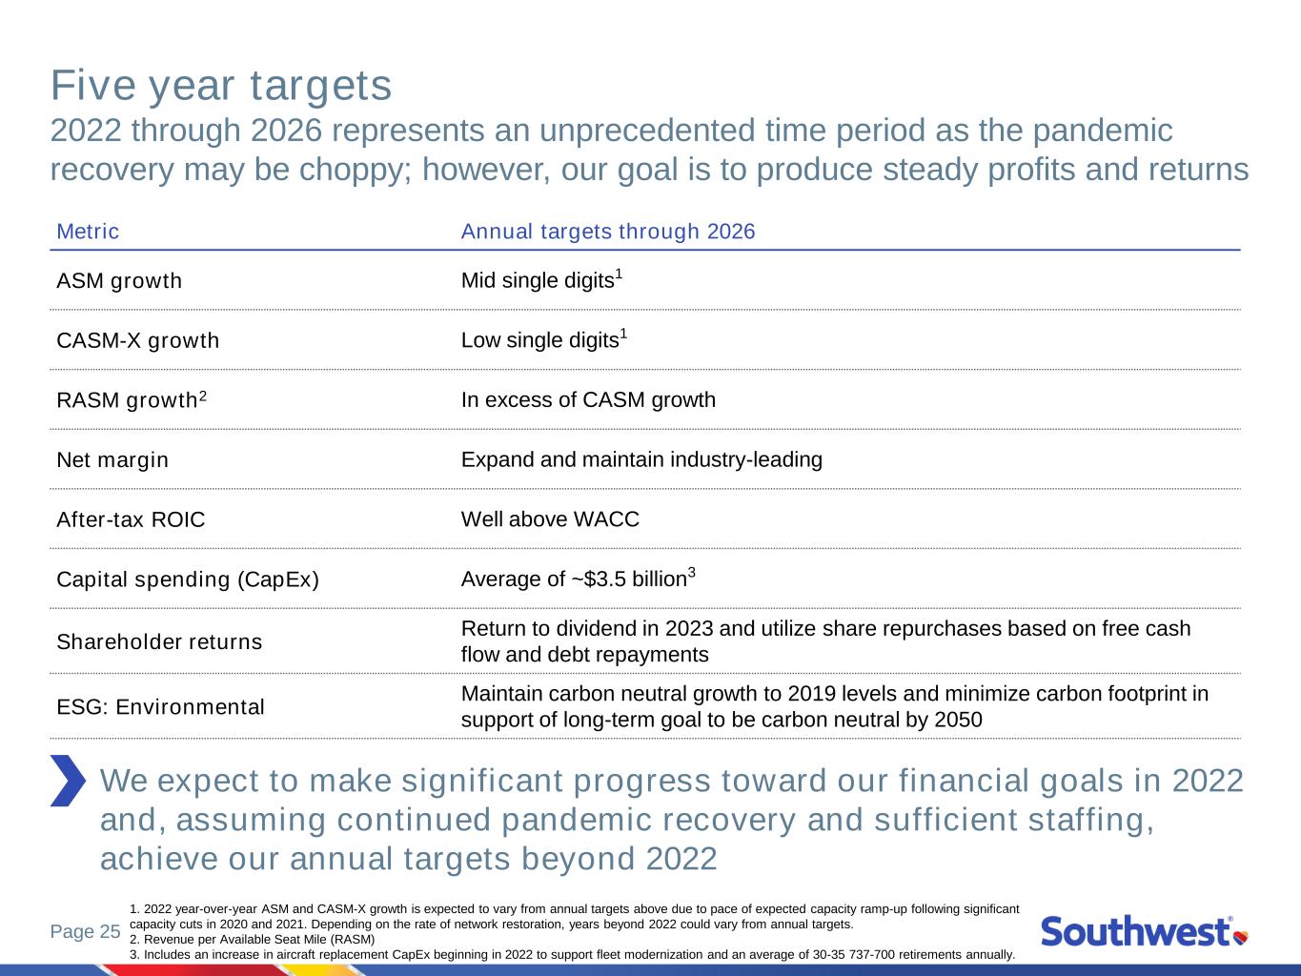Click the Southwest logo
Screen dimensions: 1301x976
coord(1144,931)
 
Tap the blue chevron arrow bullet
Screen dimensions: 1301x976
coord(69,781)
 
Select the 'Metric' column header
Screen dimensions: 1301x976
coord(88,231)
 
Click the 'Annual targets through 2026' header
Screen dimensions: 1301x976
coord(608,231)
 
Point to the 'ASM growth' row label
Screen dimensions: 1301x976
coord(119,281)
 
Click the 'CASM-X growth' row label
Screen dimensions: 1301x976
coord(138,340)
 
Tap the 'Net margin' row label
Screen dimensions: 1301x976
coord(112,459)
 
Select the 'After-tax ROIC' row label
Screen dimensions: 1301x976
coord(131,519)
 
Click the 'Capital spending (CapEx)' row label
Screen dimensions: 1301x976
coord(188,579)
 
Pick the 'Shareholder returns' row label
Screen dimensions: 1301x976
coord(159,641)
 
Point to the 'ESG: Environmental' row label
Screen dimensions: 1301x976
coord(161,707)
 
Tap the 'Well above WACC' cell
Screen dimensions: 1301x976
coord(550,519)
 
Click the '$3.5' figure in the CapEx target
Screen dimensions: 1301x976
coord(604,579)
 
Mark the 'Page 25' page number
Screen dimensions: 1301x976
coord(86,931)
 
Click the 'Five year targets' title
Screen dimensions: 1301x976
coord(221,86)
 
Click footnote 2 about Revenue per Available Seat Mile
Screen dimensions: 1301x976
coord(253,939)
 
